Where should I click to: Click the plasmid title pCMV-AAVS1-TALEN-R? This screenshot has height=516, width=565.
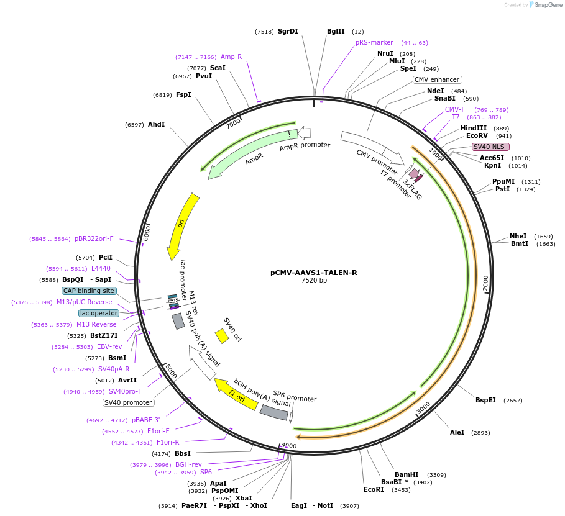coord(313,273)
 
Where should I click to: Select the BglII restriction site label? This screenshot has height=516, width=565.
coord(336,31)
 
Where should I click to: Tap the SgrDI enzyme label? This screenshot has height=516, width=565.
coord(288,31)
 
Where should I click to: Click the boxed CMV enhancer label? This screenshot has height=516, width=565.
coord(438,79)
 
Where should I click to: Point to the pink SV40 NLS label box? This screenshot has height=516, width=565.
coord(490,147)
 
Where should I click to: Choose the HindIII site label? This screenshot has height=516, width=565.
coord(474,128)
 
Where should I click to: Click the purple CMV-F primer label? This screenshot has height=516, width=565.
coord(455,109)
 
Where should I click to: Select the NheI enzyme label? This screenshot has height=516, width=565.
coord(518,236)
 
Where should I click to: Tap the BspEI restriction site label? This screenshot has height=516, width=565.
coord(485,400)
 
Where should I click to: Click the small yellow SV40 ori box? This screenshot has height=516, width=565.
coord(222,336)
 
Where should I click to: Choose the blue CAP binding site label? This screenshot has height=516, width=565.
coord(89,291)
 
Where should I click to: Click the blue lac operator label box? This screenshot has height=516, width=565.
coord(98,313)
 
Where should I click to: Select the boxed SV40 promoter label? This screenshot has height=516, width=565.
coord(128,402)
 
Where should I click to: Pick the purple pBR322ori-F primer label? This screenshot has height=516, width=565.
coord(94,238)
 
